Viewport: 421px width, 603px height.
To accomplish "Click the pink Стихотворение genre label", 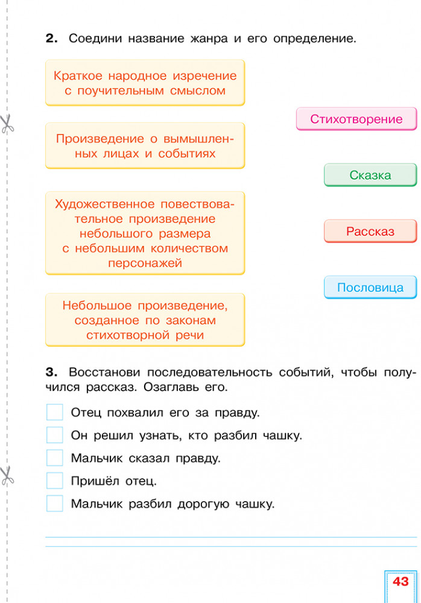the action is pos(356,119).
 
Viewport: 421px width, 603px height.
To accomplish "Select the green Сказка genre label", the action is pos(370,175).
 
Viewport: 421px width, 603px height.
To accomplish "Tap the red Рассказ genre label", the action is pos(370,231).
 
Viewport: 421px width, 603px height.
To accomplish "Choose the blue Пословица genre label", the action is pos(370,287).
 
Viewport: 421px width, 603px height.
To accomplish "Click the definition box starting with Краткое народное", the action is pos(145,83).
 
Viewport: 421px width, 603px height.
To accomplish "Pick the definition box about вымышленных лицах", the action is pos(145,146).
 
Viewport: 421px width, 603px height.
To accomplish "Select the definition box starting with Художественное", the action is pos(145,233).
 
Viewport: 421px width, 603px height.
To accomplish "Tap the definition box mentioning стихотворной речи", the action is pos(145,320).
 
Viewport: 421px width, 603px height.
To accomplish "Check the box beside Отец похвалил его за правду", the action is pos(55,412).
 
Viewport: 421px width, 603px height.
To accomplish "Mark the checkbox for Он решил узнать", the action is pos(55,435).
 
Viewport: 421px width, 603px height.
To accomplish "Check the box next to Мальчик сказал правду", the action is pos(55,458).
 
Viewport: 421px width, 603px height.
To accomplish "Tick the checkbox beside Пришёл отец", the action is pos(55,481).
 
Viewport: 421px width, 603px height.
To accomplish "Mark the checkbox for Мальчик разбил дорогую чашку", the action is pos(55,504).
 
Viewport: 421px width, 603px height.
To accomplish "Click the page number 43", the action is pos(400,581).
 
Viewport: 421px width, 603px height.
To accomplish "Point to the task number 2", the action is pos(51,38).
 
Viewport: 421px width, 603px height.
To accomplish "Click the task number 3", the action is pos(51,372).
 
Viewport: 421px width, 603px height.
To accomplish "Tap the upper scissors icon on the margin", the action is pos(7,124).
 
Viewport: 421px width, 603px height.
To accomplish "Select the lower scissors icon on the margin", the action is pos(7,476).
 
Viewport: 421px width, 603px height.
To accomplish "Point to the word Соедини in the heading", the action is pos(95,39).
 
